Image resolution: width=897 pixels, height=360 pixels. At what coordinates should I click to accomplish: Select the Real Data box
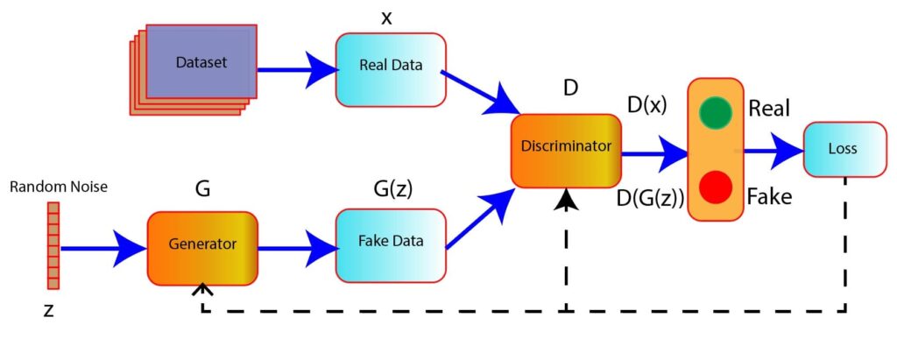tap(390, 67)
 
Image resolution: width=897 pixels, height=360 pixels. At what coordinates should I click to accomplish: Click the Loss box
tap(841, 149)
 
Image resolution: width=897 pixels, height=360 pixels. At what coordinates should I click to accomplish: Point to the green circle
tap(716, 114)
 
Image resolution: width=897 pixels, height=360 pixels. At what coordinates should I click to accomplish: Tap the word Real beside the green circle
tap(770, 109)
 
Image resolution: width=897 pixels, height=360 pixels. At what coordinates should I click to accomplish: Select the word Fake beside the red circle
tap(770, 197)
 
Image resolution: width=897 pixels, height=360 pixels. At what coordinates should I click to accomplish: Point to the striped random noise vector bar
tap(53, 246)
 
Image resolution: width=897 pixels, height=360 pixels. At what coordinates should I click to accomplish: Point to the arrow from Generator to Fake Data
tap(296, 248)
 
